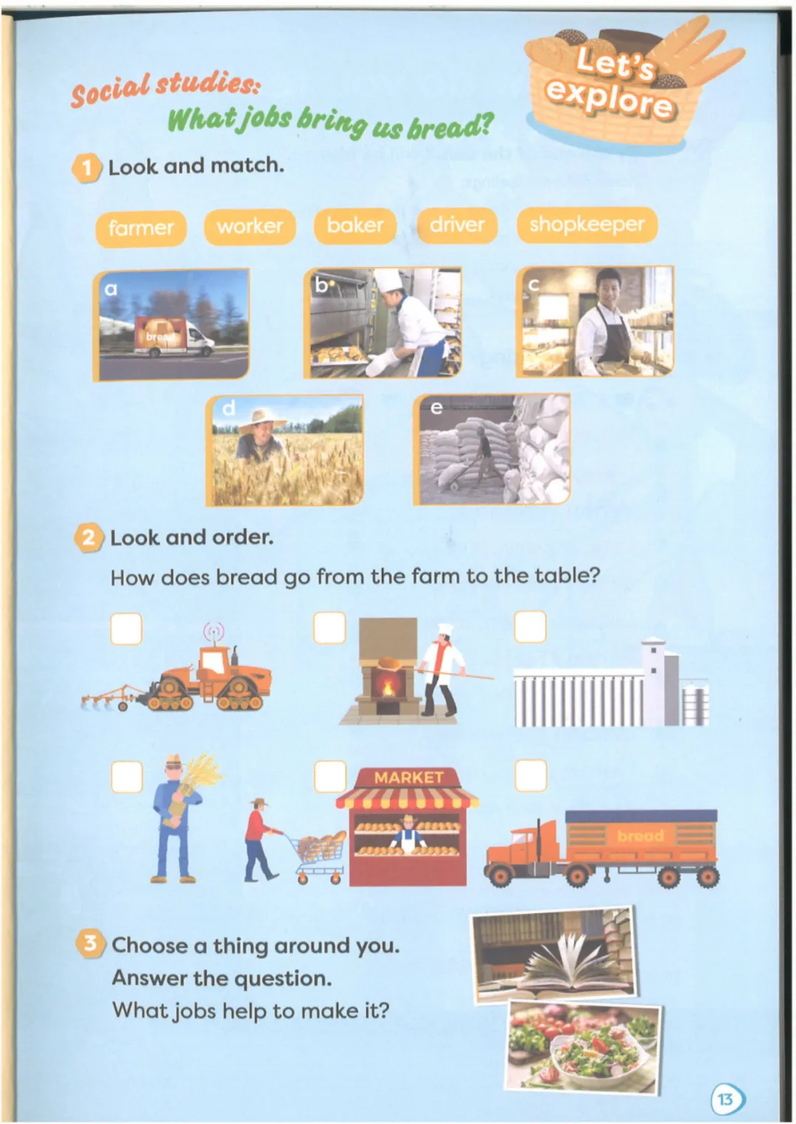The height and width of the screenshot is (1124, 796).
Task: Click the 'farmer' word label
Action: point(141,228)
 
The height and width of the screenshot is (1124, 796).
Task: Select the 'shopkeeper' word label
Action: point(587,225)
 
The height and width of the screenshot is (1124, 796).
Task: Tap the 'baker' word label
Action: point(355,226)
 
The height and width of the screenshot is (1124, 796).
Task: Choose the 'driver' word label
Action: point(457,226)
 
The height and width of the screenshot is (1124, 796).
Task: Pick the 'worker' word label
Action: point(250,227)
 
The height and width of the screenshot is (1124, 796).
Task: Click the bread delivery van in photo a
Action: point(174,336)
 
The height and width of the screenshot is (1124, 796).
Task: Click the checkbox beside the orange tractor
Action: point(127,628)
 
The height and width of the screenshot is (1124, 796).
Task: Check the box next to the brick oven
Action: point(329,627)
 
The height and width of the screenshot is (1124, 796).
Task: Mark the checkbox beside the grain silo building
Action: point(531,626)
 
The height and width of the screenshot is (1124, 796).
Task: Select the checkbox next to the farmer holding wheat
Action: point(127,777)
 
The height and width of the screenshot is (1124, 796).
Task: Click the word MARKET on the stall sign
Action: point(408,778)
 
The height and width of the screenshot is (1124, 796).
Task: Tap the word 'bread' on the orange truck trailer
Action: point(640,837)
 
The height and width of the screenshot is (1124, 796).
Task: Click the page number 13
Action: point(726,1100)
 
